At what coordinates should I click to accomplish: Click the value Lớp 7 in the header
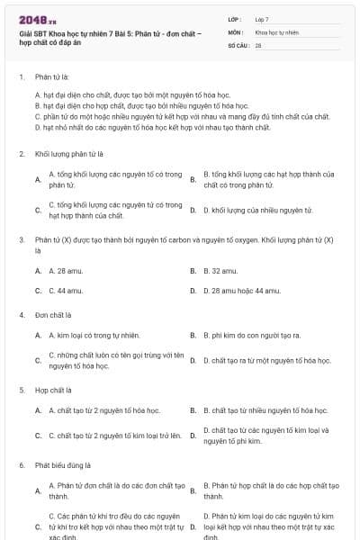(x=262, y=19)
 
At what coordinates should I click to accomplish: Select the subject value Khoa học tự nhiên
(x=274, y=31)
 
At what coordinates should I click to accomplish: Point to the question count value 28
(x=258, y=44)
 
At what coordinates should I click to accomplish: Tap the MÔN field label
(x=237, y=31)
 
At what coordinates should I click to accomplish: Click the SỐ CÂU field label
(x=238, y=44)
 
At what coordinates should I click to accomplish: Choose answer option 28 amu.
(x=66, y=270)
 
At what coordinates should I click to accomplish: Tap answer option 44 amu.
(x=66, y=291)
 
